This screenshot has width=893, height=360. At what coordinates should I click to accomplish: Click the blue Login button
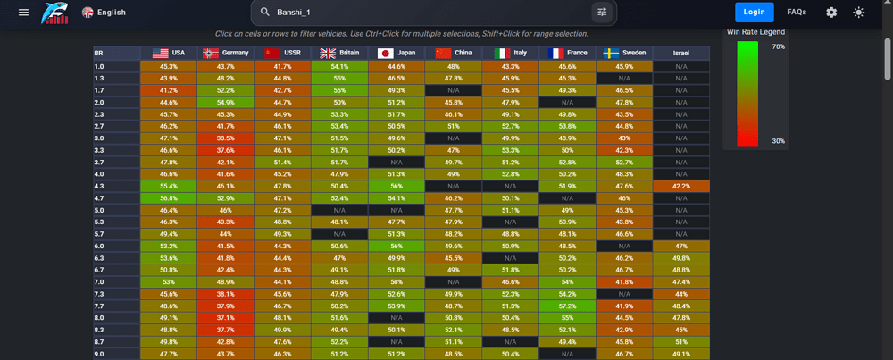click(x=754, y=12)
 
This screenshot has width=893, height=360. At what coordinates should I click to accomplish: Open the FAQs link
click(x=797, y=12)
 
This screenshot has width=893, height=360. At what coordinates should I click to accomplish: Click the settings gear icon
click(x=831, y=12)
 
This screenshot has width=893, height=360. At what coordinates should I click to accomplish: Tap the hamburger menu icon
click(x=23, y=12)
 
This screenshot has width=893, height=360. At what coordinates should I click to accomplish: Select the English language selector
click(x=104, y=12)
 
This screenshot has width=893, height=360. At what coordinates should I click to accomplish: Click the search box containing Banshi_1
click(x=433, y=12)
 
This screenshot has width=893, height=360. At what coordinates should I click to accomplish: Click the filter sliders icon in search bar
click(x=602, y=12)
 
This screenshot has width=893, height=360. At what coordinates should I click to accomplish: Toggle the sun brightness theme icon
click(x=858, y=12)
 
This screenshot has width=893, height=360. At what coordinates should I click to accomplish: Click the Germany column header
click(x=226, y=53)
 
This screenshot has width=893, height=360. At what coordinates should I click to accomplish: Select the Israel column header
click(x=681, y=53)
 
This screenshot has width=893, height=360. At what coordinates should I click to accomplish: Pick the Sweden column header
click(x=624, y=53)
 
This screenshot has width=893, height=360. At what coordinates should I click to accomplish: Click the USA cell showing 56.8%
click(x=169, y=197)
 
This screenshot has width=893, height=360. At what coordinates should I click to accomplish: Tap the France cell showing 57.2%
click(x=567, y=306)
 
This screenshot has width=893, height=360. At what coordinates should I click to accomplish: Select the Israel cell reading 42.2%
click(x=681, y=186)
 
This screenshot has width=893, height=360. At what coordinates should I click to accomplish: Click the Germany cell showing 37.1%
click(x=226, y=317)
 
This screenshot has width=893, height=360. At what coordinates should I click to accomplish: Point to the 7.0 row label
click(x=99, y=281)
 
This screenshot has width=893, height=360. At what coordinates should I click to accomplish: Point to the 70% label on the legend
click(x=778, y=46)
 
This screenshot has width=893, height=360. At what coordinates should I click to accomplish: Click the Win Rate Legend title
click(x=755, y=32)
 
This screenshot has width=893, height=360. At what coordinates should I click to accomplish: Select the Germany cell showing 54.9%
click(x=226, y=102)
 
